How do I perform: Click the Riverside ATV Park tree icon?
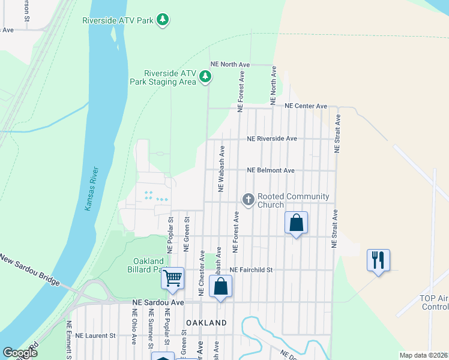coord(162,20)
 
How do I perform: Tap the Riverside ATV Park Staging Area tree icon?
coord(205,76)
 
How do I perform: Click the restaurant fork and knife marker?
coord(378,260)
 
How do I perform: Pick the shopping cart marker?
coord(173,278)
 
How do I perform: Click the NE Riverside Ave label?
coord(272,139)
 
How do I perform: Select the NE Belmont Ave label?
coord(271,170)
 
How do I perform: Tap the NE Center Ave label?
coord(306,106)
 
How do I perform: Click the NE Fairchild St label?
coord(251,270)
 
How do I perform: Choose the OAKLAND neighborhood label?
coord(206,323)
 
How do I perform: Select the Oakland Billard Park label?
coord(147,265)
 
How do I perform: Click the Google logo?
coord(20,353)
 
